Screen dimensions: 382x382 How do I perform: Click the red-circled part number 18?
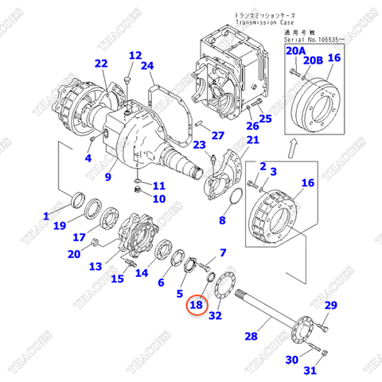point(197,304)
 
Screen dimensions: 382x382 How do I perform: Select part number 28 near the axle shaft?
point(251,336)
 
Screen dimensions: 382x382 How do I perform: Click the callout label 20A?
point(295,51)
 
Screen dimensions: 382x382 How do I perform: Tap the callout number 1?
point(46,216)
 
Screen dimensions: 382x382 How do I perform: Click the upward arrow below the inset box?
point(293,146)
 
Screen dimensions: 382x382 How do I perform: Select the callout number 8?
point(224,219)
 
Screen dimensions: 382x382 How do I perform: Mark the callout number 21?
point(252,140)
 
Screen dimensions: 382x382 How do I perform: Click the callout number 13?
point(94,267)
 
